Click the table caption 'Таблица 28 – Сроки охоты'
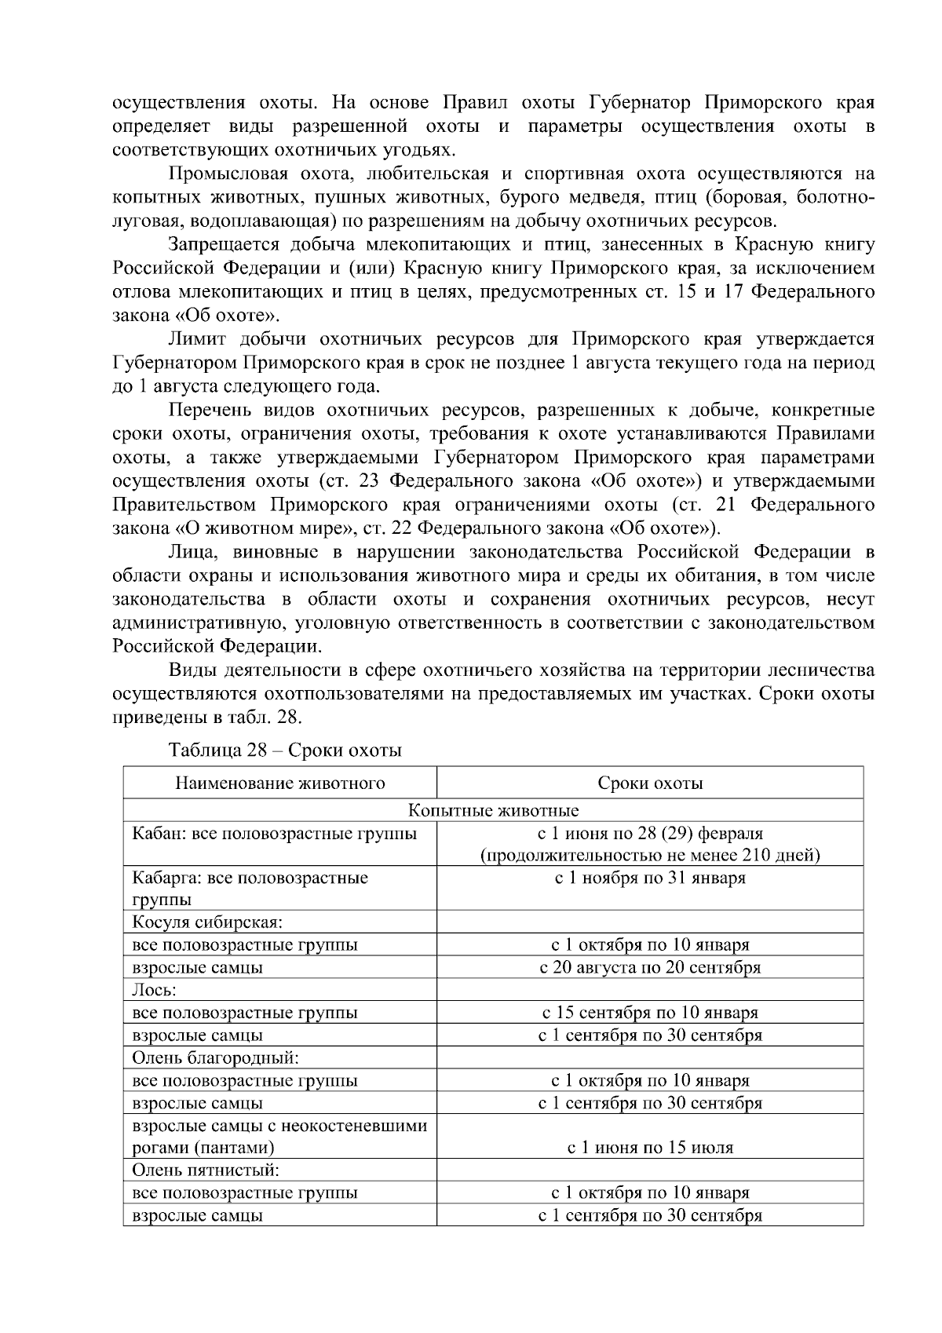point(285,750)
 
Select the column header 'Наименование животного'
point(279,783)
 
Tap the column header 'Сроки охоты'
point(650,783)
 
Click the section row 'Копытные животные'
point(493,810)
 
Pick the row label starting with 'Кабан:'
point(274,833)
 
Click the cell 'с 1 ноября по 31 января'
point(650,878)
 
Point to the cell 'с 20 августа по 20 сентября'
point(650,967)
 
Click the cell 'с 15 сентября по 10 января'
point(650,1013)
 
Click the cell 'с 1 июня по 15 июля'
point(650,1148)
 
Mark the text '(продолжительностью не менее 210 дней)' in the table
point(650,855)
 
